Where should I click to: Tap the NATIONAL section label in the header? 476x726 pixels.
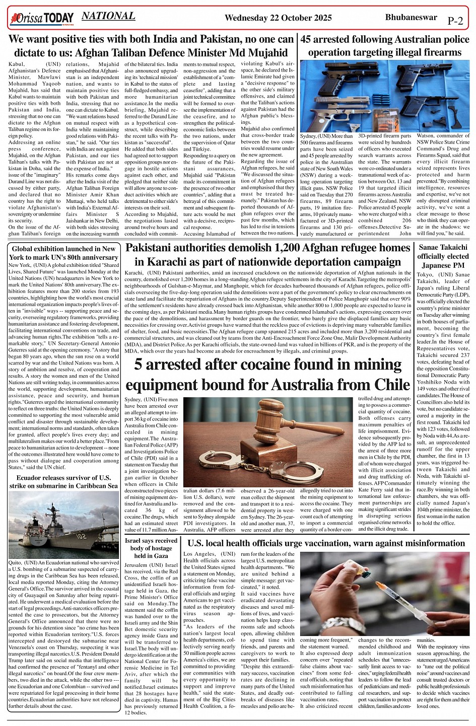pyautogui.click(x=108, y=16)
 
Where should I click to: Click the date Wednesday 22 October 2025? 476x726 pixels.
pyautogui.click(x=278, y=18)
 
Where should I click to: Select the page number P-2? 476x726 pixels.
pyautogui.click(x=455, y=21)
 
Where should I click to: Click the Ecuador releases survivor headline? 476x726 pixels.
pyautogui.click(x=63, y=482)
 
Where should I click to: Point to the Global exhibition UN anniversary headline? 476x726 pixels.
pyautogui.click(x=64, y=253)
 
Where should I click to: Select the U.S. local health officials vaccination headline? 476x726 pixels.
pyautogui.click(x=326, y=543)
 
